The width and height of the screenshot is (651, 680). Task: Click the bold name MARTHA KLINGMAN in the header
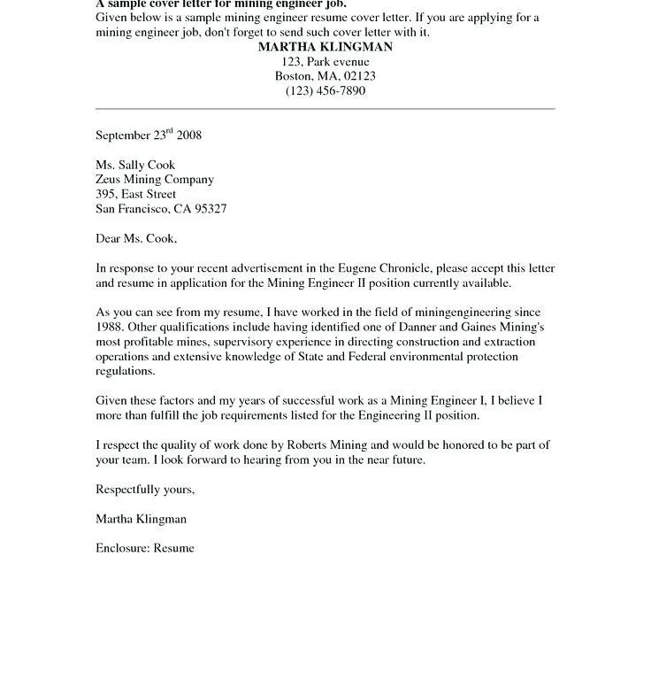[325, 47]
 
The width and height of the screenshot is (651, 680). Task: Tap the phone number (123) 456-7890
[325, 91]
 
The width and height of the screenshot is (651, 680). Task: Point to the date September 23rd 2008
[149, 135]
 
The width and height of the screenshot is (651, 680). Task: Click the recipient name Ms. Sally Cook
[135, 165]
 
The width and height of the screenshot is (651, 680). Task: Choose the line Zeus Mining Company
[155, 180]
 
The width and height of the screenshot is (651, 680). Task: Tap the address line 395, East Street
[135, 194]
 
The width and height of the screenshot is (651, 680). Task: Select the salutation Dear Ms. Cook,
[136, 239]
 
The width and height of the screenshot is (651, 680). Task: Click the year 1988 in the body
[111, 328]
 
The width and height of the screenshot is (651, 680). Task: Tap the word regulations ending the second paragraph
[125, 372]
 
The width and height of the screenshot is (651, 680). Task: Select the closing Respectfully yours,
[145, 490]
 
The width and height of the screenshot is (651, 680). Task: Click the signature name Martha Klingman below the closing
[141, 519]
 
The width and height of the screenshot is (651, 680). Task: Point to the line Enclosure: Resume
[145, 548]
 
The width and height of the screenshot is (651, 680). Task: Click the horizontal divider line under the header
[325, 109]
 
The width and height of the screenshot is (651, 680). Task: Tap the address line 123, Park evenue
[325, 62]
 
